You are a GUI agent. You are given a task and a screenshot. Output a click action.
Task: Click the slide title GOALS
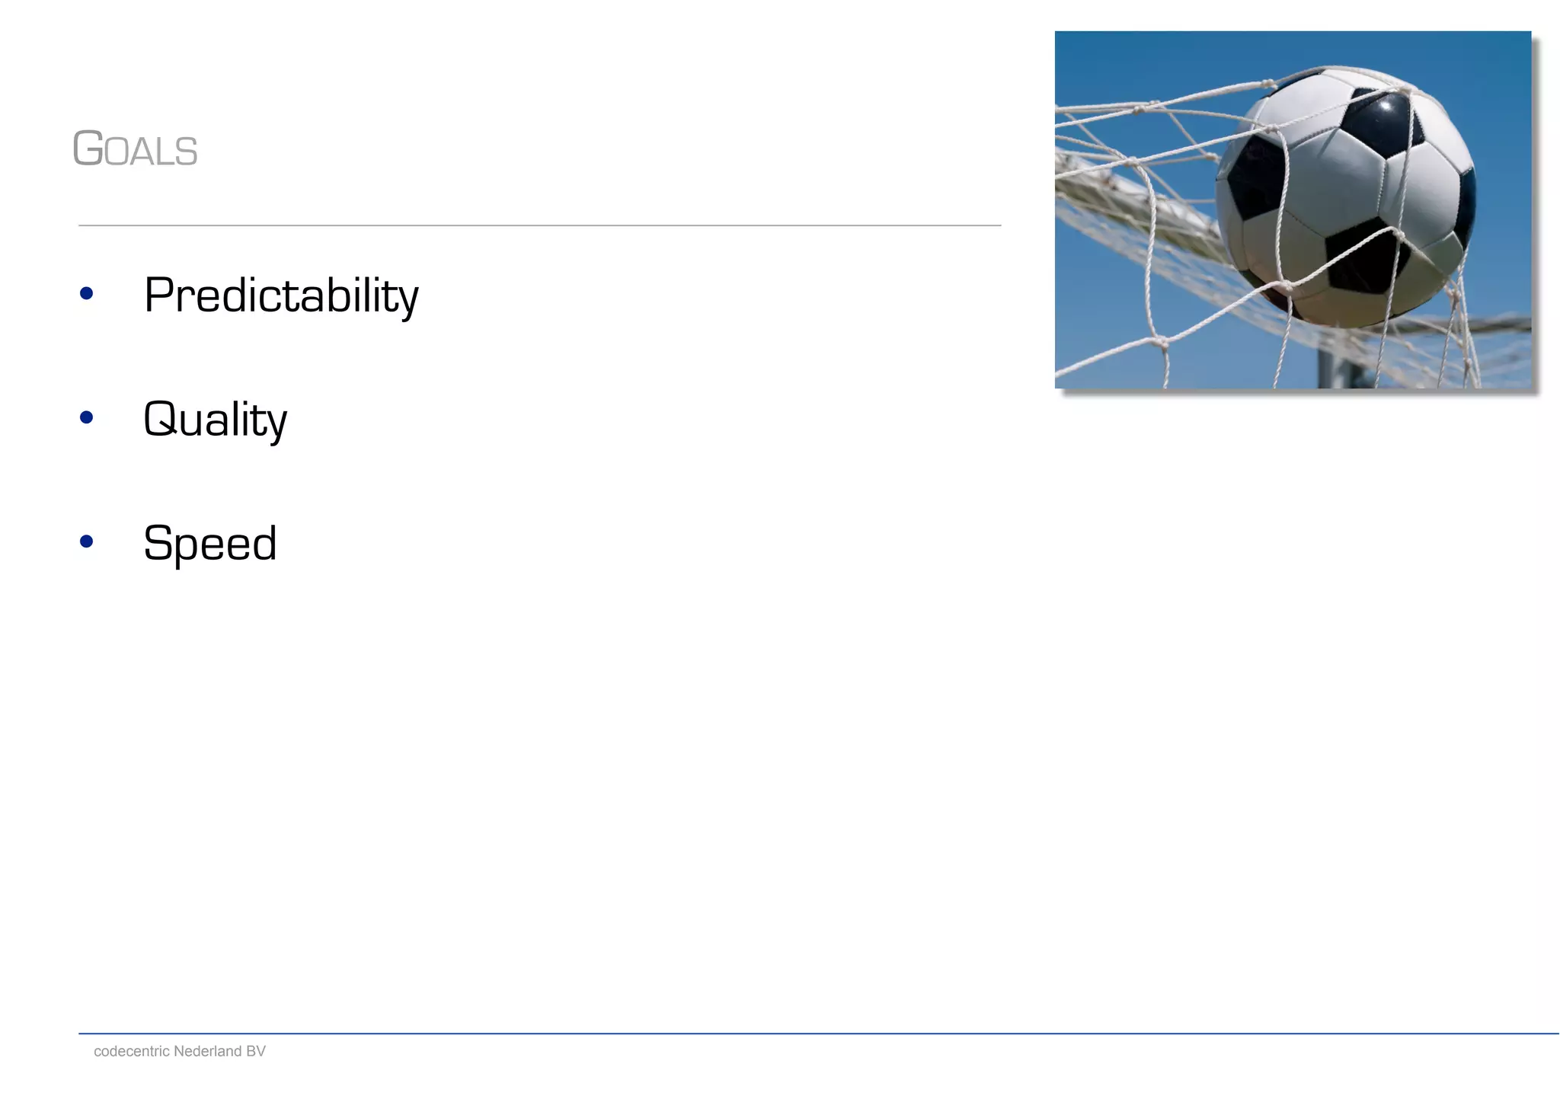coord(136,149)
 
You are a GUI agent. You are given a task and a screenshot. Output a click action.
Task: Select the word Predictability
coord(281,295)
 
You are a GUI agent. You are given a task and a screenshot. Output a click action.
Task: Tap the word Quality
coord(216,420)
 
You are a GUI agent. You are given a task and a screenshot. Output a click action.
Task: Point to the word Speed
coord(210,544)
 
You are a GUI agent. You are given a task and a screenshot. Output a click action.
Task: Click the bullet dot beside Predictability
coord(86,293)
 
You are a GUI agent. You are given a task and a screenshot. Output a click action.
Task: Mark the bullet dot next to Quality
coord(86,417)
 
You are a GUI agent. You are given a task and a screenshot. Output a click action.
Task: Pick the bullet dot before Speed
coord(86,541)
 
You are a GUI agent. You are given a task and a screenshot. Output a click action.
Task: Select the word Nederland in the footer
coord(208,1052)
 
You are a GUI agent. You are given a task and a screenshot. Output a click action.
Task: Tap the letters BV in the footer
coord(255,1052)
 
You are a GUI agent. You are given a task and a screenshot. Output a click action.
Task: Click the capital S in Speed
coord(158,544)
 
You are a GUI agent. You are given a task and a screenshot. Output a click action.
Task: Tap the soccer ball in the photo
coord(1344,198)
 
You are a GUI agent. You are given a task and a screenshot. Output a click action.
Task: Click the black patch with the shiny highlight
coord(1383,122)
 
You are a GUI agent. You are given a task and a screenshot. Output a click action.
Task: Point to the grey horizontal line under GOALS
coord(539,225)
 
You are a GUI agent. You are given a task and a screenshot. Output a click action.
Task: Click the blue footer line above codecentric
coord(818,1033)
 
